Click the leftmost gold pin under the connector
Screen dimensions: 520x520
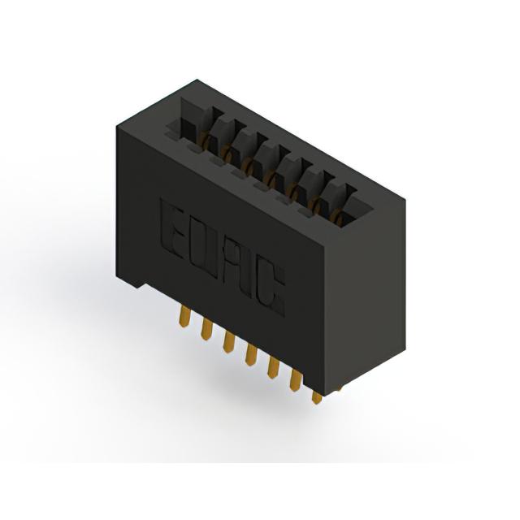point(184,316)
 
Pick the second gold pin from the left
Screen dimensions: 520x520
point(206,329)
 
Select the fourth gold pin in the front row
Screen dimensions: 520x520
point(251,355)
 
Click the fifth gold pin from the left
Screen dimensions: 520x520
point(273,367)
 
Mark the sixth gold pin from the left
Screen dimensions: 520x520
point(295,380)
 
